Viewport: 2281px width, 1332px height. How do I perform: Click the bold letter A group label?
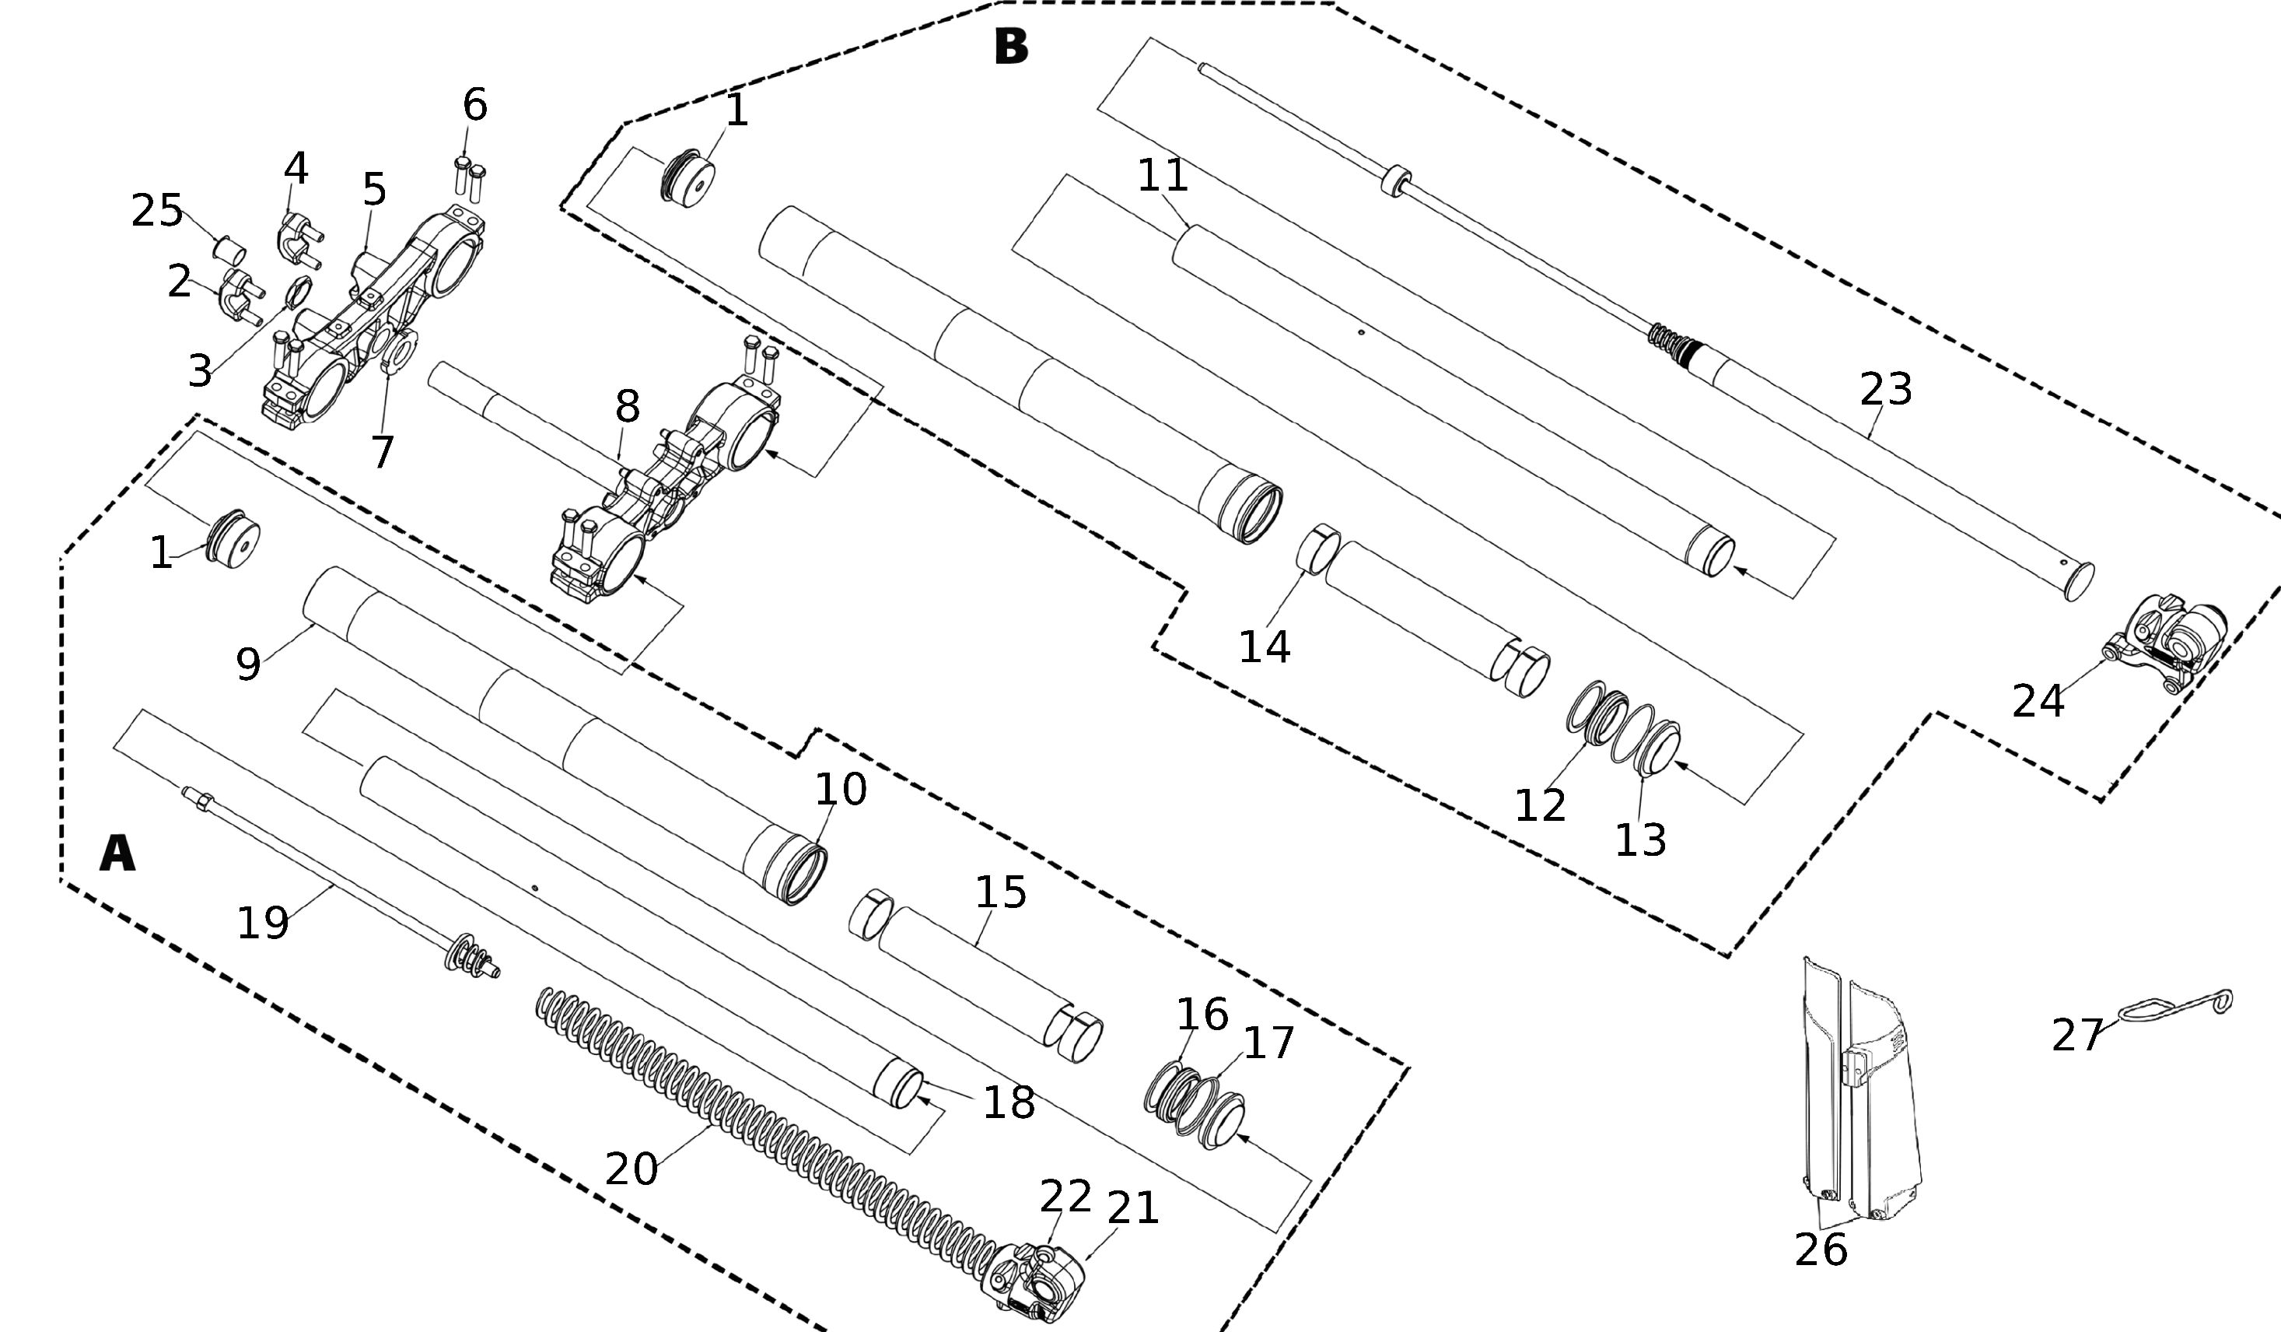(117, 853)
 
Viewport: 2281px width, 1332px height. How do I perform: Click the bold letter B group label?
(1011, 47)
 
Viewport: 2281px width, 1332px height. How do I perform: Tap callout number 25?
(158, 211)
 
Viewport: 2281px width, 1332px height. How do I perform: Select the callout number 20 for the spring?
(631, 1168)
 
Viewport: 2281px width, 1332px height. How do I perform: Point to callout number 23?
(1885, 389)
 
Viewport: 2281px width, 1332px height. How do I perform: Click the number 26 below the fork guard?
(1821, 1250)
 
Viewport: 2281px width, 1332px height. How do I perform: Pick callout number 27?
(2077, 1035)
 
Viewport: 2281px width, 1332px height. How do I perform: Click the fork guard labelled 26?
(1856, 1095)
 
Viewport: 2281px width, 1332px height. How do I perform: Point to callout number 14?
(1264, 647)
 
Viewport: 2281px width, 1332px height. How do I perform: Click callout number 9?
(248, 664)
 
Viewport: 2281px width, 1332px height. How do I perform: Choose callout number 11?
(1162, 176)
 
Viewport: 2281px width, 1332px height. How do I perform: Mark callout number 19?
(263, 924)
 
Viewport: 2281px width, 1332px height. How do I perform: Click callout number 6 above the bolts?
(474, 105)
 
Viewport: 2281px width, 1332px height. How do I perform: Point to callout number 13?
(1640, 840)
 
